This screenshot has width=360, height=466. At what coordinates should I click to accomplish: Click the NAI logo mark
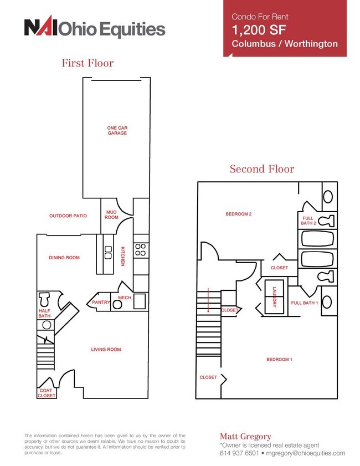coord(40,27)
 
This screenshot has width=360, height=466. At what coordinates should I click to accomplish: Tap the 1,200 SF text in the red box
coord(259,30)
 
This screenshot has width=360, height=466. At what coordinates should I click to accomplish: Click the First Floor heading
coord(88,63)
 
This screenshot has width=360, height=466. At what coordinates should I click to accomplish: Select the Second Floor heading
coord(262,169)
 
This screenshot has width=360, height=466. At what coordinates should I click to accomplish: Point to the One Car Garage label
coord(117,130)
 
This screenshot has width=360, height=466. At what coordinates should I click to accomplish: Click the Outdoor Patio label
coord(68,216)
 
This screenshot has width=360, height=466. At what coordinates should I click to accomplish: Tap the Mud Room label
coord(111,214)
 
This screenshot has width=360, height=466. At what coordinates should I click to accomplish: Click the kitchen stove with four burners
coord(141,250)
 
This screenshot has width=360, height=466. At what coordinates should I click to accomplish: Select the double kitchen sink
coord(108,252)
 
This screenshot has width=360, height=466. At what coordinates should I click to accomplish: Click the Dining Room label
coord(64,258)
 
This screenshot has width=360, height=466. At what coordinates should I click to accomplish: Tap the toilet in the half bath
coord(44,299)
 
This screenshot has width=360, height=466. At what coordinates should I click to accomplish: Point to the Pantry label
coord(101,302)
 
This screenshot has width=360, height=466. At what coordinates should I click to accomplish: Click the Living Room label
coord(106,350)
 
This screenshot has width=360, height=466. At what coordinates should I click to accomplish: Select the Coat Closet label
coord(47,393)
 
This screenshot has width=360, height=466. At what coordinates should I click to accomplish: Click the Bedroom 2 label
coord(239,214)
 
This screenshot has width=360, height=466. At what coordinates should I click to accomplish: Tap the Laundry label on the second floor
coord(275,297)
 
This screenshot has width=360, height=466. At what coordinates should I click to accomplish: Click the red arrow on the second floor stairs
coord(208,300)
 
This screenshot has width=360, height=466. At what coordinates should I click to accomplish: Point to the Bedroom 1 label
coord(279,359)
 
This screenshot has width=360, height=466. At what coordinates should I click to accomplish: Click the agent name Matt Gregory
coord(245,436)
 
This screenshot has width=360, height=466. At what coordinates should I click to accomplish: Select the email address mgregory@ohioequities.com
coord(306,453)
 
